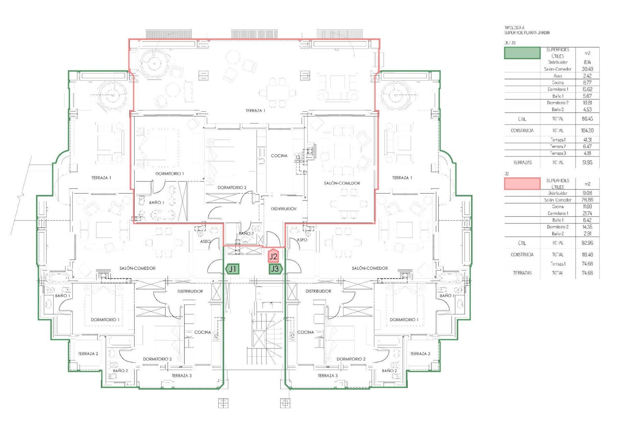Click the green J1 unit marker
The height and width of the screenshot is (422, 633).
click(x=232, y=269)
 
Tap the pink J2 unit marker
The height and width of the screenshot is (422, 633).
click(x=273, y=256)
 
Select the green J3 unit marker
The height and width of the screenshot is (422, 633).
click(x=275, y=269)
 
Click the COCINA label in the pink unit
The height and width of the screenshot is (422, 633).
click(x=279, y=156)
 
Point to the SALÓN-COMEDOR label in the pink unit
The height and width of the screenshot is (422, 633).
click(x=342, y=183)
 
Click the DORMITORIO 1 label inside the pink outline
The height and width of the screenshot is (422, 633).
click(x=169, y=173)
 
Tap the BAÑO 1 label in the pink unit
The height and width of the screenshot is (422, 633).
click(x=156, y=202)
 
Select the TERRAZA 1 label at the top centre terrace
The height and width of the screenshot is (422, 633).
click(x=255, y=111)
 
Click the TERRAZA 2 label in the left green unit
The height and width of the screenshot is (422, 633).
click(x=88, y=354)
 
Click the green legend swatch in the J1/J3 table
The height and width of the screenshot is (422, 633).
click(x=522, y=53)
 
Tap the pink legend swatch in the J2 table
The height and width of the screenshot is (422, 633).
click(x=522, y=184)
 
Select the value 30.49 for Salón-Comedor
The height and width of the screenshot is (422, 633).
click(x=587, y=69)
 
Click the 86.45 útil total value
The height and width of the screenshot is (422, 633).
click(x=587, y=119)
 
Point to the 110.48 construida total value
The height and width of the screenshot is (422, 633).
click(x=587, y=255)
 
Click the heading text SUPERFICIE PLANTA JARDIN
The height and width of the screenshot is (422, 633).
click(x=527, y=33)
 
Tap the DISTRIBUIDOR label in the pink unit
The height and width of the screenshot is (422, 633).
click(x=284, y=209)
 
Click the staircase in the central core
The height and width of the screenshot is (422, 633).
click(x=264, y=340)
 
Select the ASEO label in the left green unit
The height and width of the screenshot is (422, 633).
click(x=205, y=242)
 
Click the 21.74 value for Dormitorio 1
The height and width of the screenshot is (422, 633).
click(x=587, y=213)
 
